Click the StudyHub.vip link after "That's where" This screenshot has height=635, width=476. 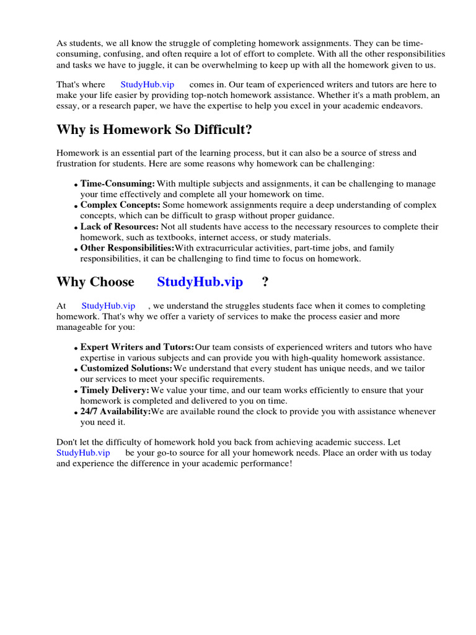pos(147,84)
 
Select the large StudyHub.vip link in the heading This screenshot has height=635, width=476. pos(200,282)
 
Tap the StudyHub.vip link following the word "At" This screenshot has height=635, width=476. pos(108,306)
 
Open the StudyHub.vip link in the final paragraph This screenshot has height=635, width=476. pos(83,453)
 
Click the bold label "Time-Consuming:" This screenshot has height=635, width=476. pos(118,184)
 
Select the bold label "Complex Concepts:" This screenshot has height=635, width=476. pos(120,205)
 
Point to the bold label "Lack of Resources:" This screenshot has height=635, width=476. pos(120,227)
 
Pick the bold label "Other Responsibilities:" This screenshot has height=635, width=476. pos(127,248)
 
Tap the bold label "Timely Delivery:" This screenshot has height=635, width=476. pos(115,390)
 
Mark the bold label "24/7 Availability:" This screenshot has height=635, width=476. pos(115,412)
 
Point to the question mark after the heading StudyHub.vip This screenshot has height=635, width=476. pos(265,282)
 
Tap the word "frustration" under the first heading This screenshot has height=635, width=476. pos(77,164)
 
